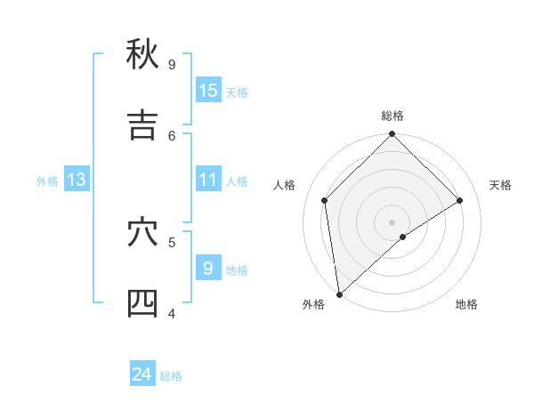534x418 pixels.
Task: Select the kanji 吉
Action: [x=142, y=125]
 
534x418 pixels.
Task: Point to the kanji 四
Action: [x=142, y=303]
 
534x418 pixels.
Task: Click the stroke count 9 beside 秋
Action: [x=172, y=64]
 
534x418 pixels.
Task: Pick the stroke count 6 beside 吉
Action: [x=172, y=135]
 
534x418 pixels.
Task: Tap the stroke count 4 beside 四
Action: [x=172, y=313]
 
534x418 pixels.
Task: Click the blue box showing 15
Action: [x=208, y=90]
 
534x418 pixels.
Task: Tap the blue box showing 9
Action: [x=208, y=268]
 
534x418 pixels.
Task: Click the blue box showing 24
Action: [x=142, y=374]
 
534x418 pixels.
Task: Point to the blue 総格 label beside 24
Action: [x=171, y=376]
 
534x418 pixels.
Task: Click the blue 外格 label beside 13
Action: [x=47, y=181]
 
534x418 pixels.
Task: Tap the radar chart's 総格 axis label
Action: [x=392, y=116]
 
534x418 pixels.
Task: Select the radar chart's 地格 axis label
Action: [x=466, y=304]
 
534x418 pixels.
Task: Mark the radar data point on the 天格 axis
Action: [x=460, y=200]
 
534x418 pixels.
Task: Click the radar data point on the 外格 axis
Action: [x=338, y=294]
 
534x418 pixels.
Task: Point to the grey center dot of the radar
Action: [x=392, y=221]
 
